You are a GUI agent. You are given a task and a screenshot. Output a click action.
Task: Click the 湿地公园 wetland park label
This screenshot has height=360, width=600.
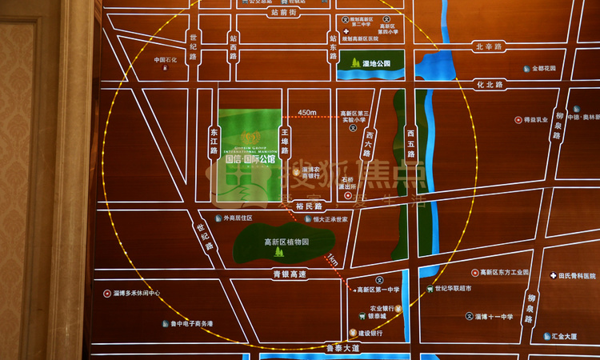pyautogui.click(x=376, y=62)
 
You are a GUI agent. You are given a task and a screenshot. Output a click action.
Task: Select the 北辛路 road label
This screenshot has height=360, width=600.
pyautogui.click(x=487, y=46)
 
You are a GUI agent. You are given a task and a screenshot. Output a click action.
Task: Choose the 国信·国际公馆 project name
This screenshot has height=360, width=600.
pyautogui.click(x=250, y=158)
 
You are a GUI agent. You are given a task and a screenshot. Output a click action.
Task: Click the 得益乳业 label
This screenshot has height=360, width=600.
pyautogui.click(x=535, y=120)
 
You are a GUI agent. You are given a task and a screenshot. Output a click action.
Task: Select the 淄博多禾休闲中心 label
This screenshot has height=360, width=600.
pyautogui.click(x=137, y=294)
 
